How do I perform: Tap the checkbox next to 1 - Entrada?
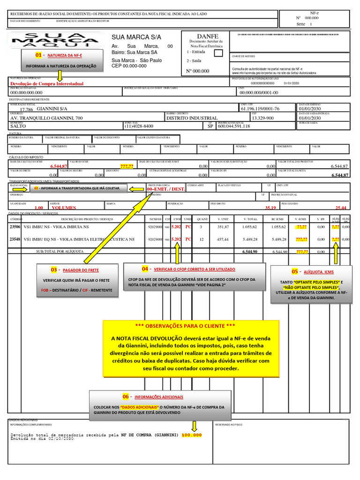pyautogui.click(x=218, y=53)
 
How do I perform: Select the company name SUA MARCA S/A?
pyautogui.click(x=136, y=37)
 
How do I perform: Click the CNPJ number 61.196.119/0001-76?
pyautogui.click(x=260, y=109)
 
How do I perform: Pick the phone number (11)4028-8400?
pyautogui.click(x=139, y=126)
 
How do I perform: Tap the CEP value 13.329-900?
pyautogui.click(x=262, y=118)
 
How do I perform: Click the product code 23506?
pyautogui.click(x=15, y=227)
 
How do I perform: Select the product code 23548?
pyautogui.click(x=15, y=239)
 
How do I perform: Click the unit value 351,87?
pyautogui.click(x=222, y=227)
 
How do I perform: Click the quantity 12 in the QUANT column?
pyautogui.click(x=202, y=239)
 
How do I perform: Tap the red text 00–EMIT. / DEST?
pyautogui.click(x=166, y=190)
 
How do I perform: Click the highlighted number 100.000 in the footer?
pyautogui.click(x=191, y=435)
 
